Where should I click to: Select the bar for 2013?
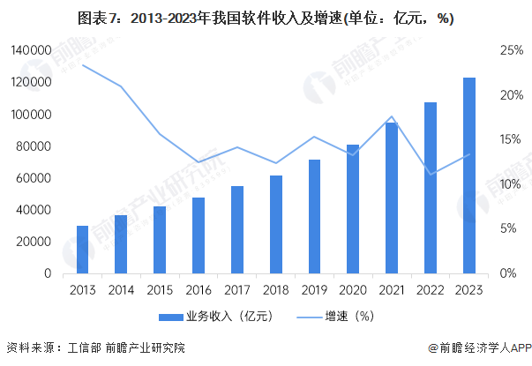(x=82, y=250)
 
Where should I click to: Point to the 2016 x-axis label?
(x=199, y=289)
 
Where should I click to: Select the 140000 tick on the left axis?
(x=31, y=51)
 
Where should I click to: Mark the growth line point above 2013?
(x=82, y=64)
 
